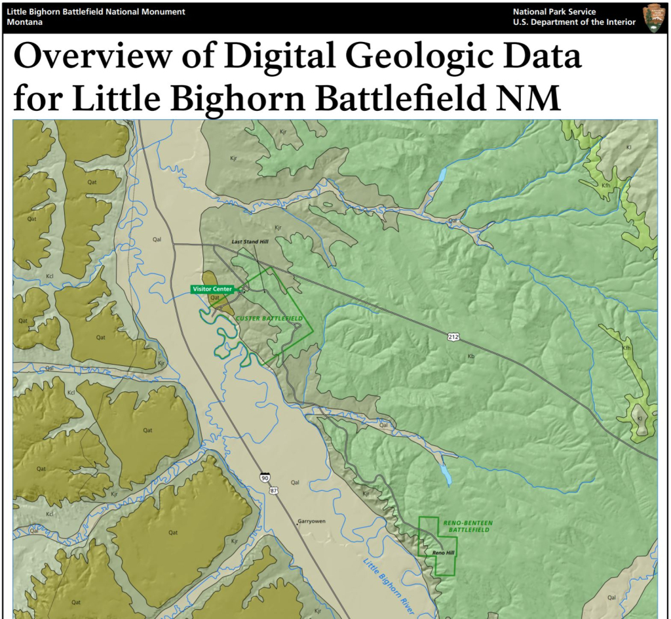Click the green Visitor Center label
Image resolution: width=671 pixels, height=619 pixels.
212,289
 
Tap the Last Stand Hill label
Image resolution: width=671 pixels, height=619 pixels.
251,242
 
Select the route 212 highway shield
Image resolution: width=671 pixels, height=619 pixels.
453,336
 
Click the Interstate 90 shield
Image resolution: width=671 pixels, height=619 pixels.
263,478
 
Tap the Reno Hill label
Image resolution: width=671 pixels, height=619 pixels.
444,553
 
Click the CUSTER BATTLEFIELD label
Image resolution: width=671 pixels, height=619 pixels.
269,319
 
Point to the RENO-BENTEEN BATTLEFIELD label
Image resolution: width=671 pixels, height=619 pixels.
468,526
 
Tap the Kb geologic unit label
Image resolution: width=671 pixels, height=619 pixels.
470,357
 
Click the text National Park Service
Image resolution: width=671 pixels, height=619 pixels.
554,12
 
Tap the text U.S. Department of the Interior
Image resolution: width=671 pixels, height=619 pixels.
574,22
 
